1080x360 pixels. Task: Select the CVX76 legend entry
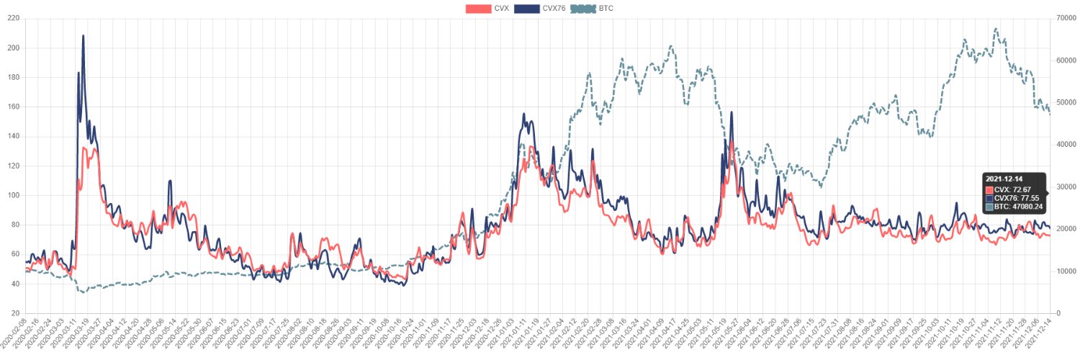pos(541,9)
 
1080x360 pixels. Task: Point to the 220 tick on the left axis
pos(13,19)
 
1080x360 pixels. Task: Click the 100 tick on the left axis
pos(13,196)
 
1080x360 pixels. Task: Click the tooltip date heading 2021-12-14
pos(1004,179)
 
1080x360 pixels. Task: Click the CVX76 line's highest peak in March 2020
pos(84,35)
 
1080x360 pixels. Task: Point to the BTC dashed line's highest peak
pos(996,29)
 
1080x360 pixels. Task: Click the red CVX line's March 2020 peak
pos(86,148)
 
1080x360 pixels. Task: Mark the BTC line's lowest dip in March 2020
pos(84,292)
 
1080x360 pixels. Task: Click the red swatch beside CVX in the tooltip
pos(989,189)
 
